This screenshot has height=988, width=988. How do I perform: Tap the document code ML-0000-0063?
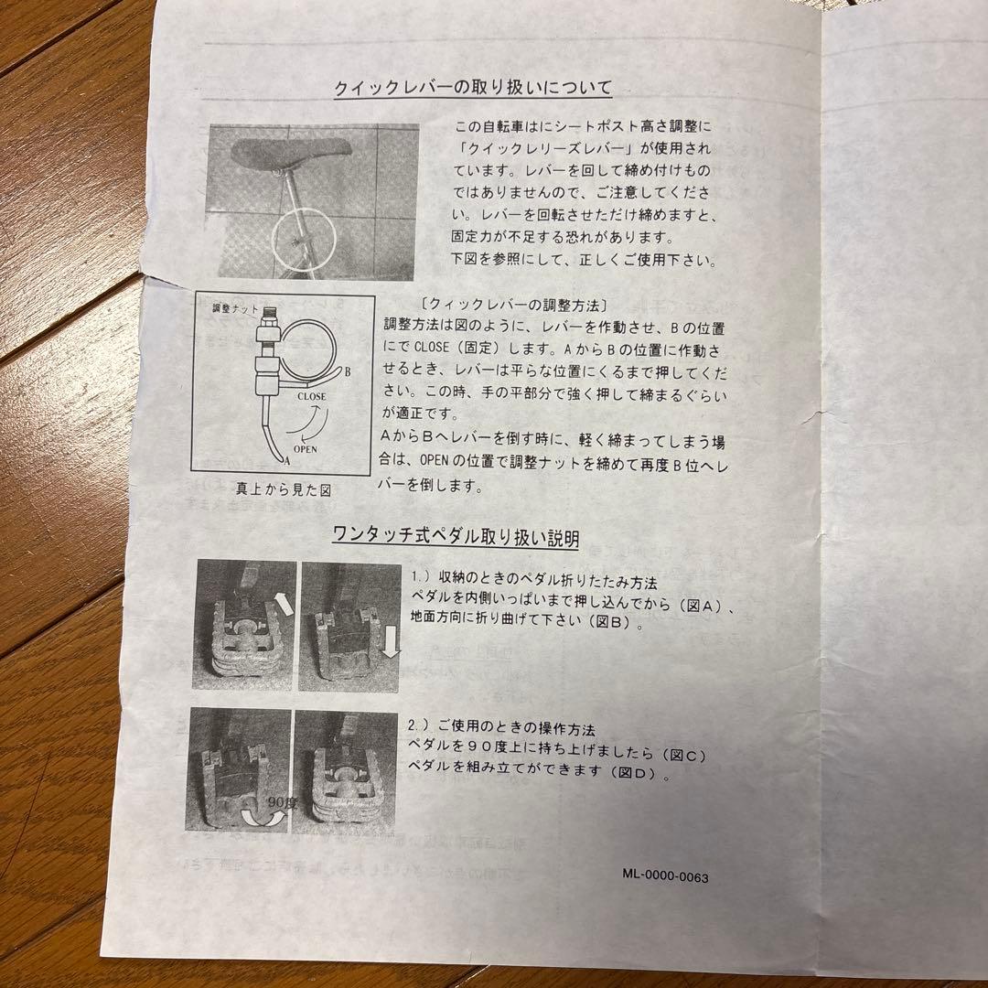point(665,875)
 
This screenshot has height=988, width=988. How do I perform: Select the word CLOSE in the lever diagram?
point(310,397)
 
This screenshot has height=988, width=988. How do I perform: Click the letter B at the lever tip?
point(349,370)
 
